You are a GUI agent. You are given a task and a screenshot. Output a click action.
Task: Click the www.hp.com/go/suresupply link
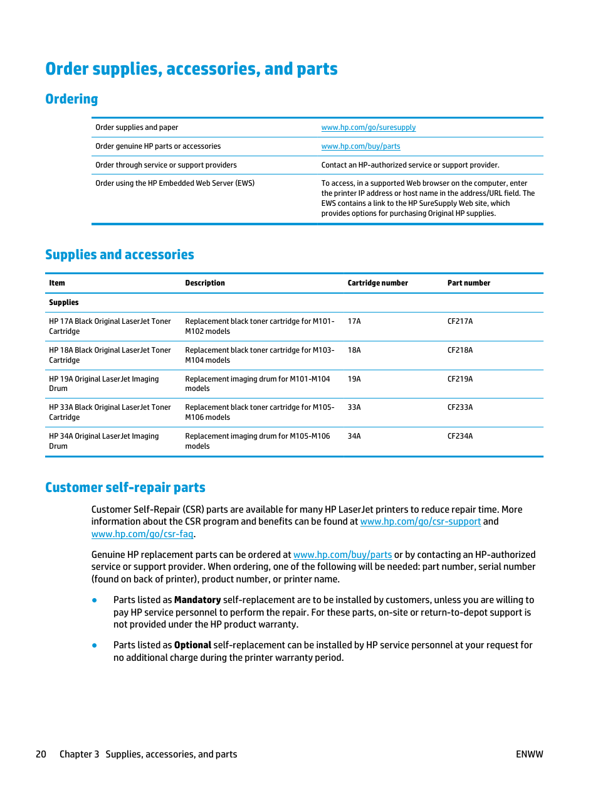[368, 127]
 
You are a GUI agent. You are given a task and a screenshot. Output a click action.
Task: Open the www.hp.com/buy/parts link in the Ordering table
[360, 146]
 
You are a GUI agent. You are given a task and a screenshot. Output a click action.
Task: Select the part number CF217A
[460, 321]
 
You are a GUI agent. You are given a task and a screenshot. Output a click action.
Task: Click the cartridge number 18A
[354, 350]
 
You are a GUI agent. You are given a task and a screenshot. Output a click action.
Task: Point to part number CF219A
[460, 379]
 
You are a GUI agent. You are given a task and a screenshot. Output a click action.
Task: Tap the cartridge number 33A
[354, 407]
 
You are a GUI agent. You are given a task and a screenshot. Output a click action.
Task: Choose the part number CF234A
[460, 436]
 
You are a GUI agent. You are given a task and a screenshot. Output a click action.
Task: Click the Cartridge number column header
[377, 283]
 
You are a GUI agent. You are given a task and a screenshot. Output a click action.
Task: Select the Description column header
[205, 283]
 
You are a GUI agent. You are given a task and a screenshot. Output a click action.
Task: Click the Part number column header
[469, 283]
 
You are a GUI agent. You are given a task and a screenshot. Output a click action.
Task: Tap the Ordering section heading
[71, 99]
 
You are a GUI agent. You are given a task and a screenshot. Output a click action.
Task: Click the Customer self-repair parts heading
[125, 488]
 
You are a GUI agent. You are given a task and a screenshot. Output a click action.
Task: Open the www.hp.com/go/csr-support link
[421, 522]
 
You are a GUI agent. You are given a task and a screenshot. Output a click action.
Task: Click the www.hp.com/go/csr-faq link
[142, 534]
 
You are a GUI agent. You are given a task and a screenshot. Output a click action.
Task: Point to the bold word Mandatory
[197, 600]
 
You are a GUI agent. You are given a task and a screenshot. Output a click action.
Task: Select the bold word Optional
[192, 645]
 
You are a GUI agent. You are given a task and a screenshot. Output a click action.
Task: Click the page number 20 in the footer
[41, 754]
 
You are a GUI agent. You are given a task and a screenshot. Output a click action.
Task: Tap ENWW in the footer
[529, 754]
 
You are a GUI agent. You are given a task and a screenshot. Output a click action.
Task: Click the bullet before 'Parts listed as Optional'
[95, 645]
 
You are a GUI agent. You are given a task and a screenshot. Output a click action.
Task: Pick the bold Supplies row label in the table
[64, 302]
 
